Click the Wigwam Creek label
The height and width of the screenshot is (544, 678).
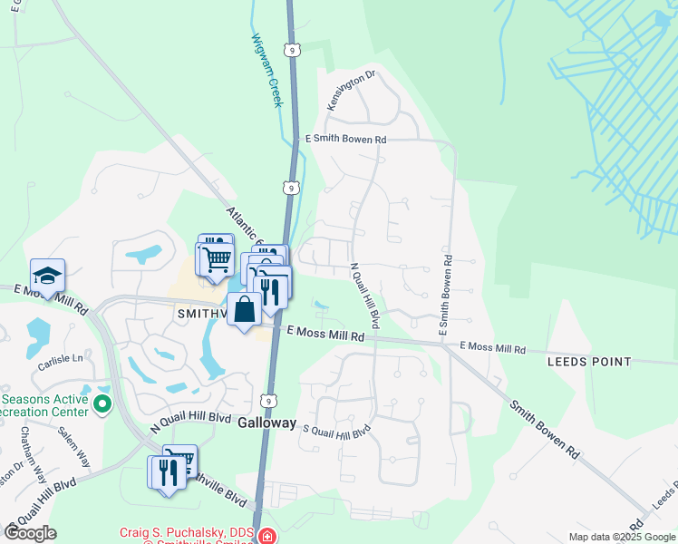point(268,71)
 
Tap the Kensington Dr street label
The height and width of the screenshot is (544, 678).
point(351,92)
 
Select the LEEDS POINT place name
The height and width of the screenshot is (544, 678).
point(589,362)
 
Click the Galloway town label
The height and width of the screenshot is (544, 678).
point(267,423)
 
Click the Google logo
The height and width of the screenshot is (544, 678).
point(30,533)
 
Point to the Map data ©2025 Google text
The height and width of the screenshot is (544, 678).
point(622,537)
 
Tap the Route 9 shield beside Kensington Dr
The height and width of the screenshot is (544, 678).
point(291,50)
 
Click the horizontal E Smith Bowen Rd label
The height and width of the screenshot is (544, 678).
point(346,140)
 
